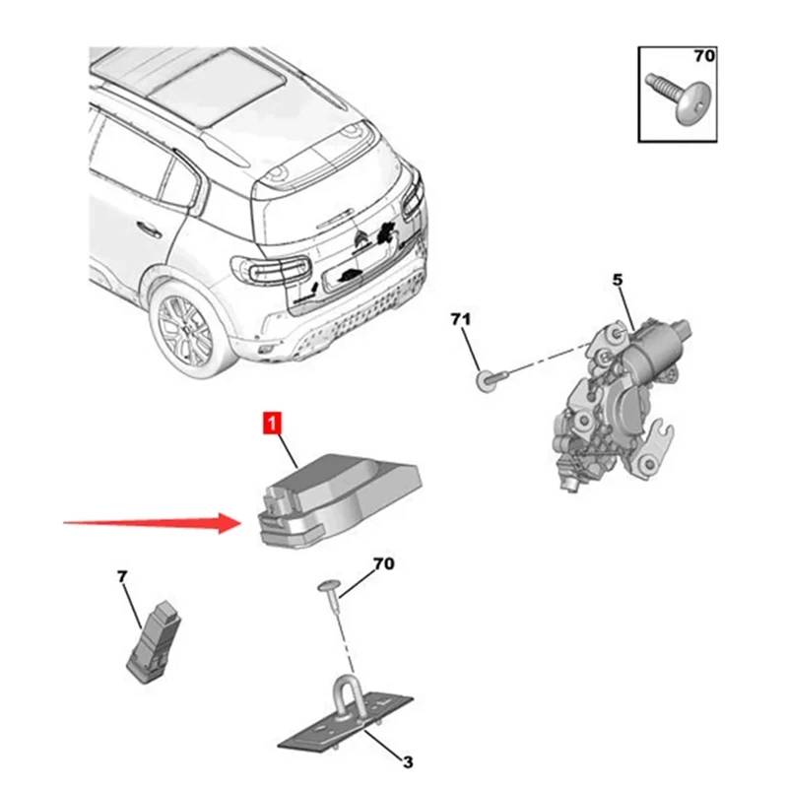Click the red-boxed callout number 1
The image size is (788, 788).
pyautogui.click(x=270, y=425)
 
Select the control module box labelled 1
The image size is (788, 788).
pyautogui.click(x=340, y=492)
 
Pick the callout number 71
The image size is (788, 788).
pyautogui.click(x=462, y=320)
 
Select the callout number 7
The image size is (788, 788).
pyautogui.click(x=123, y=576)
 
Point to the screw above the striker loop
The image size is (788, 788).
pyautogui.click(x=330, y=591)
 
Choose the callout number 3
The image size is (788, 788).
pyautogui.click(x=405, y=760)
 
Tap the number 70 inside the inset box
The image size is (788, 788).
pyautogui.click(x=703, y=56)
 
